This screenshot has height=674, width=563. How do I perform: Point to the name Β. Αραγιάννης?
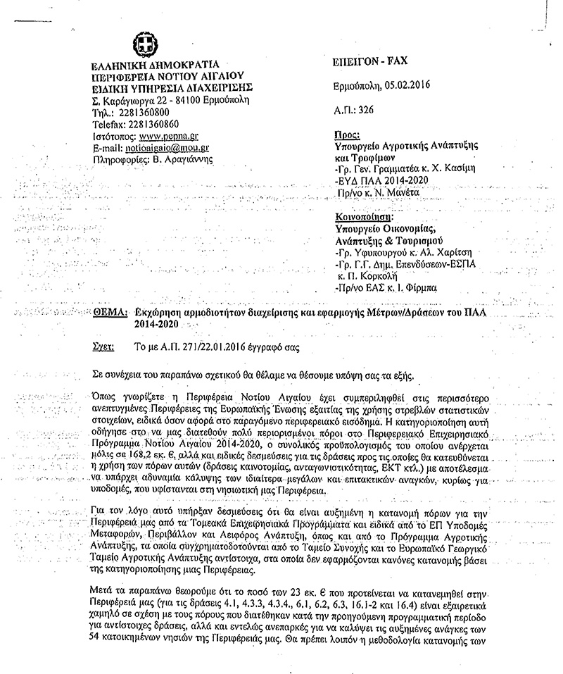coord(191,159)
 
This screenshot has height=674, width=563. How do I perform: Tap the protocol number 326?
coord(365,111)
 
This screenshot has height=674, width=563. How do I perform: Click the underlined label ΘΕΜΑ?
coord(109,312)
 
